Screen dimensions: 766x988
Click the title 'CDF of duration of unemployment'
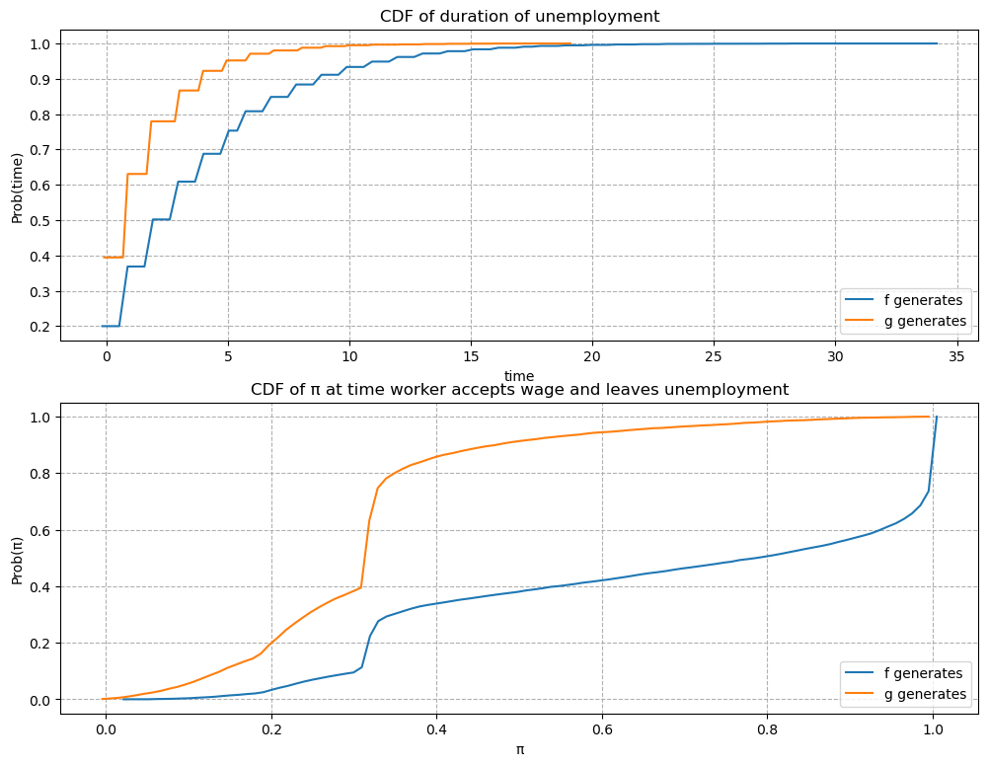[519, 16]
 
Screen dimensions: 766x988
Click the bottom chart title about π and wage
[519, 389]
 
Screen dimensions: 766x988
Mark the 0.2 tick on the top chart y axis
[40, 327]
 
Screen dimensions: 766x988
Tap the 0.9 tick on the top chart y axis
[40, 79]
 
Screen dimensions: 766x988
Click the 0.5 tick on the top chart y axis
[40, 220]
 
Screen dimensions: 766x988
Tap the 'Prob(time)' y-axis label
[18, 186]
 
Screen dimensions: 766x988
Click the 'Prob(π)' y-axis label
[18, 558]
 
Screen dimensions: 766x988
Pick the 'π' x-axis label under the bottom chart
[519, 749]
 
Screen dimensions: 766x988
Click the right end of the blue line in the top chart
[937, 43]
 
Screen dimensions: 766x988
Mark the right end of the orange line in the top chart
[570, 43]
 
